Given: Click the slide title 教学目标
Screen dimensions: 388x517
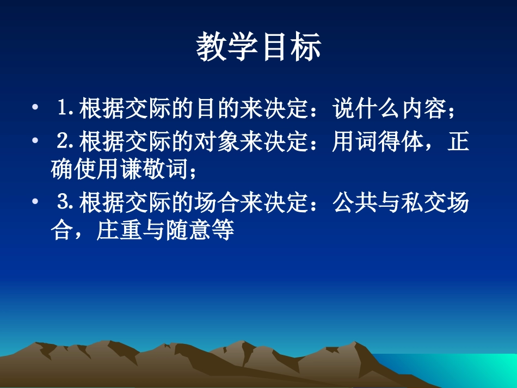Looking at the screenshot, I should click(x=258, y=47).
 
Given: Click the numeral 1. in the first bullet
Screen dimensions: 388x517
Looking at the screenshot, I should click(x=66, y=109).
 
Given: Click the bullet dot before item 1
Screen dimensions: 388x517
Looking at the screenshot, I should click(x=35, y=109).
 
